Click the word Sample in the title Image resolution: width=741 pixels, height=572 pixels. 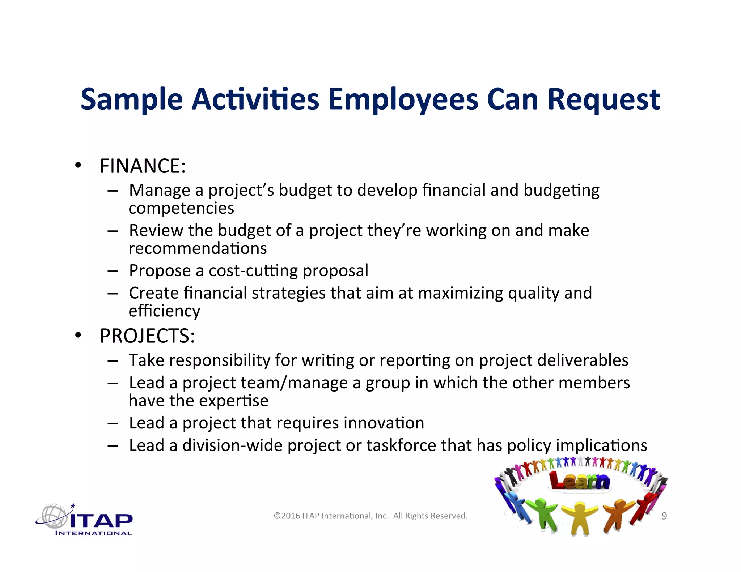pyautogui.click(x=132, y=99)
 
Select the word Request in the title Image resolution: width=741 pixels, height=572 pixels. pyautogui.click(x=604, y=99)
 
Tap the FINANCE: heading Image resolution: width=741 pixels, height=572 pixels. pyautogui.click(x=143, y=166)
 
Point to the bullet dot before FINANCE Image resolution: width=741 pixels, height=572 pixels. pyautogui.click(x=78, y=166)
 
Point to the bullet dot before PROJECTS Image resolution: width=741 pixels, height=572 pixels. pyautogui.click(x=78, y=336)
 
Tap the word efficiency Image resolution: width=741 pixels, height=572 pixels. pyautogui.click(x=164, y=311)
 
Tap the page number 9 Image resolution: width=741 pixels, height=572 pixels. pyautogui.click(x=664, y=516)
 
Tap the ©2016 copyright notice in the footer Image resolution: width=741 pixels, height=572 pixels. pyautogui.click(x=370, y=516)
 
